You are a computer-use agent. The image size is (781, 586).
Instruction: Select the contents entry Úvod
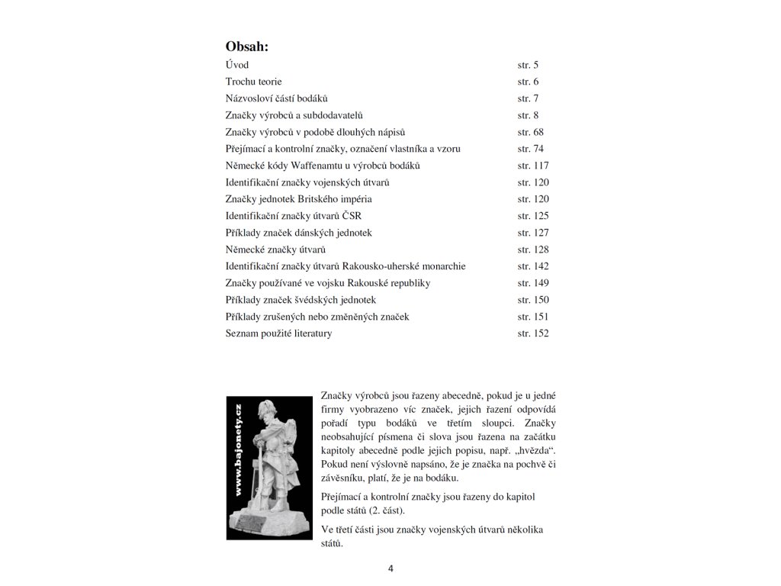(237, 65)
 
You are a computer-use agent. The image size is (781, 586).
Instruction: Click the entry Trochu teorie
(259, 82)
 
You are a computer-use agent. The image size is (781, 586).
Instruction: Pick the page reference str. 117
(533, 166)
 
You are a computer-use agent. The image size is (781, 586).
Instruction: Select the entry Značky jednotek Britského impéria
(299, 199)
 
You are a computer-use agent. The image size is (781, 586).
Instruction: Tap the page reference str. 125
(533, 216)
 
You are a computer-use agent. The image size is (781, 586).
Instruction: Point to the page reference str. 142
(533, 266)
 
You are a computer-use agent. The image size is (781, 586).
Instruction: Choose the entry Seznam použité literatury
(278, 333)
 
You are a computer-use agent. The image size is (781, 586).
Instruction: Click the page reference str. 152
(533, 333)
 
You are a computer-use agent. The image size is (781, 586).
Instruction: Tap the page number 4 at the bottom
(390, 568)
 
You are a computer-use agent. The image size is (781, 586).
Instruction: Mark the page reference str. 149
(533, 283)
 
